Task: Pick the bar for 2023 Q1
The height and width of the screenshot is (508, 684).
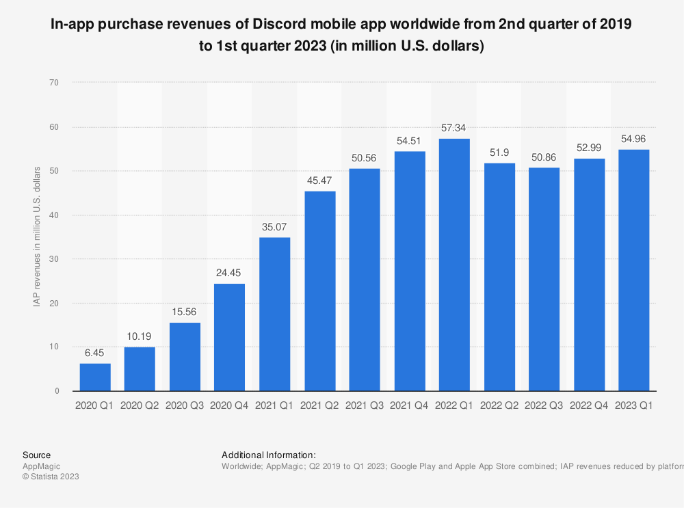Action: point(633,270)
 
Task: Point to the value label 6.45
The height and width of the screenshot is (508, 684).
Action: point(95,352)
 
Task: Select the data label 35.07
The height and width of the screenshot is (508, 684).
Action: point(274,226)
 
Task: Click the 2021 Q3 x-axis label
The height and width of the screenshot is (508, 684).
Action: point(365,405)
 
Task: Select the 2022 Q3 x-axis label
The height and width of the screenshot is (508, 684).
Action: point(544,405)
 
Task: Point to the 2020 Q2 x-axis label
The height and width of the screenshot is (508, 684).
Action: point(140,405)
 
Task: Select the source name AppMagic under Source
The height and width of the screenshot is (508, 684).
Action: point(41,466)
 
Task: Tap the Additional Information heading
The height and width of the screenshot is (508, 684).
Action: point(268,455)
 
